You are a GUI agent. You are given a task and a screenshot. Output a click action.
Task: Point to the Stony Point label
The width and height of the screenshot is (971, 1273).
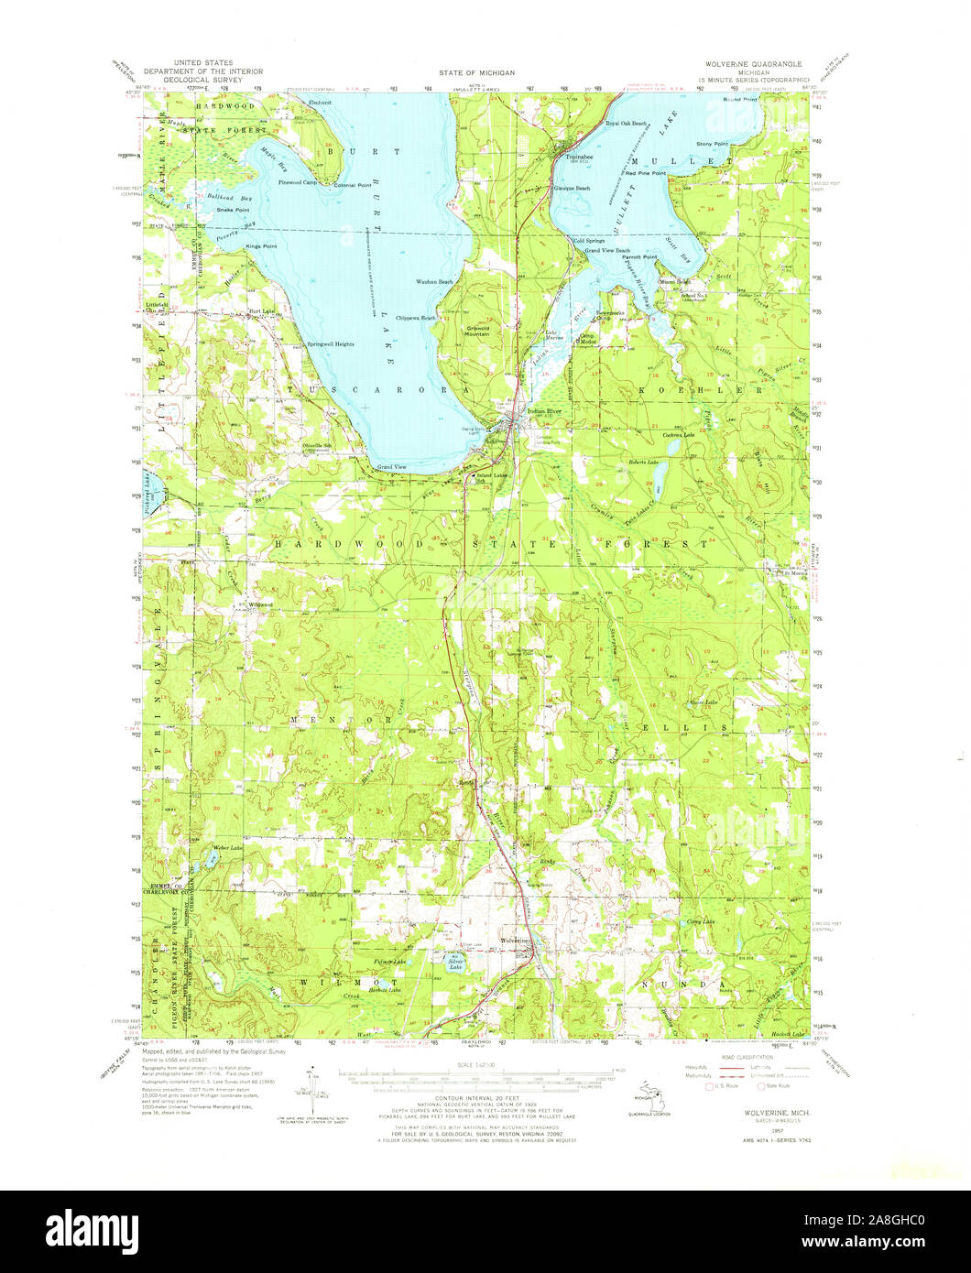pos(712,144)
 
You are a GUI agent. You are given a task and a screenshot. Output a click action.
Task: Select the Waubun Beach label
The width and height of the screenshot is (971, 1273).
pos(435,281)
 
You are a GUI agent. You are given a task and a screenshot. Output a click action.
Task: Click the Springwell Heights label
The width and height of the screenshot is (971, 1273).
pos(329,344)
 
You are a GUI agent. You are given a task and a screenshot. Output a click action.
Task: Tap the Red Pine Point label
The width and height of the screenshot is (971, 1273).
pos(645,172)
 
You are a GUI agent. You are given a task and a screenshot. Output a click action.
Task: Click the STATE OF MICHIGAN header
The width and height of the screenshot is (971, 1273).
pos(476,71)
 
